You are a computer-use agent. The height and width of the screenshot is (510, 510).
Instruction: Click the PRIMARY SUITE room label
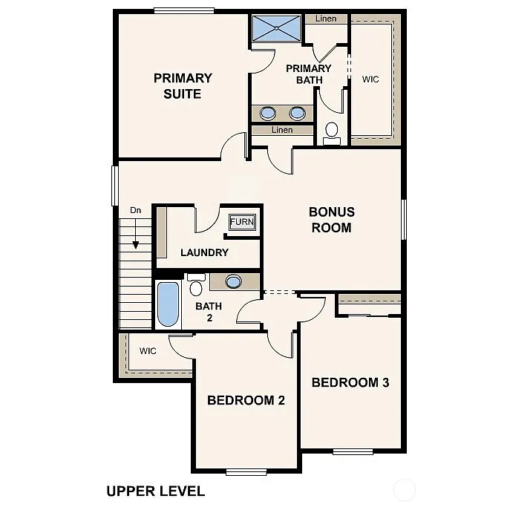[x=183, y=85]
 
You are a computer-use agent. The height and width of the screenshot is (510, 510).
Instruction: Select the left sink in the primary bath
[x=268, y=113]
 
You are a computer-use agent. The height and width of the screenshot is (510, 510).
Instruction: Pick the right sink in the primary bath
[x=297, y=113]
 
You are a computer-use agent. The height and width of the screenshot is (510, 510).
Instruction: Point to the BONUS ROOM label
[x=331, y=220]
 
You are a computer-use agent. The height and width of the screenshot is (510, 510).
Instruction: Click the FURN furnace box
[x=241, y=222]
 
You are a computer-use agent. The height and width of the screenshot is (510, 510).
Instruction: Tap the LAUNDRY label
[x=204, y=252]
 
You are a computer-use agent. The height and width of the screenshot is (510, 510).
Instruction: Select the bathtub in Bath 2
[x=169, y=304]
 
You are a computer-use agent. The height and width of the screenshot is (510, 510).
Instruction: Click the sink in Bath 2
[x=234, y=281]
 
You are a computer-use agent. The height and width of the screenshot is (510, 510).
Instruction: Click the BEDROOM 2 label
[x=246, y=400]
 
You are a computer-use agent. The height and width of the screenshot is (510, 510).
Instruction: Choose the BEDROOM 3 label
[x=350, y=383]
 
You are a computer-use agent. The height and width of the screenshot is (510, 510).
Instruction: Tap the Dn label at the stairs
[x=136, y=211]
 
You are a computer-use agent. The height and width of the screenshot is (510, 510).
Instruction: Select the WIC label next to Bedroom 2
[x=148, y=351]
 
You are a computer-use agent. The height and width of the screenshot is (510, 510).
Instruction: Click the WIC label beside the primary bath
[x=370, y=79]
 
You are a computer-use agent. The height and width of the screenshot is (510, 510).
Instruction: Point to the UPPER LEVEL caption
[x=155, y=491]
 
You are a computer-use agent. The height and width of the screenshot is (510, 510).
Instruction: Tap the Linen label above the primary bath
[x=326, y=19]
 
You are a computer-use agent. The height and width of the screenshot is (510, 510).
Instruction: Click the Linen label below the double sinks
[x=282, y=130]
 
